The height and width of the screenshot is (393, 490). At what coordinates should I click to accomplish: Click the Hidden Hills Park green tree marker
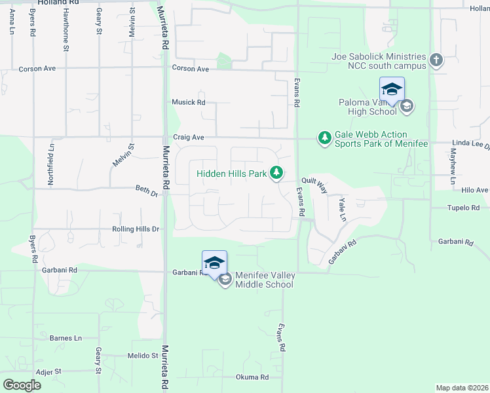coord(278,173)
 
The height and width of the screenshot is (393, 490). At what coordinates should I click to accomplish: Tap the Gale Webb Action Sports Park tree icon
coord(324,138)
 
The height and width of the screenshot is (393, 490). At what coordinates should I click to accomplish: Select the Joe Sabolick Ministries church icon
coord(436,62)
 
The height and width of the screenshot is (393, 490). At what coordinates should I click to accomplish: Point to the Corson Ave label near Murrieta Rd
coord(190,68)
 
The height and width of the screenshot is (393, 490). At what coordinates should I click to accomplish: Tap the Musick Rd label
coord(189,102)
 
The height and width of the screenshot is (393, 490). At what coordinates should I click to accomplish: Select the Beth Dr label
coord(147,193)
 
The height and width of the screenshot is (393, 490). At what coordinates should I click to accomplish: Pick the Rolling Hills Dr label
coord(136,229)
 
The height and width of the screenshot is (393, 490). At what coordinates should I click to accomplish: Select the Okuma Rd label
coord(252,377)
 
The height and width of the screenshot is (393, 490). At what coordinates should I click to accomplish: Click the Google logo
coord(22,384)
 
